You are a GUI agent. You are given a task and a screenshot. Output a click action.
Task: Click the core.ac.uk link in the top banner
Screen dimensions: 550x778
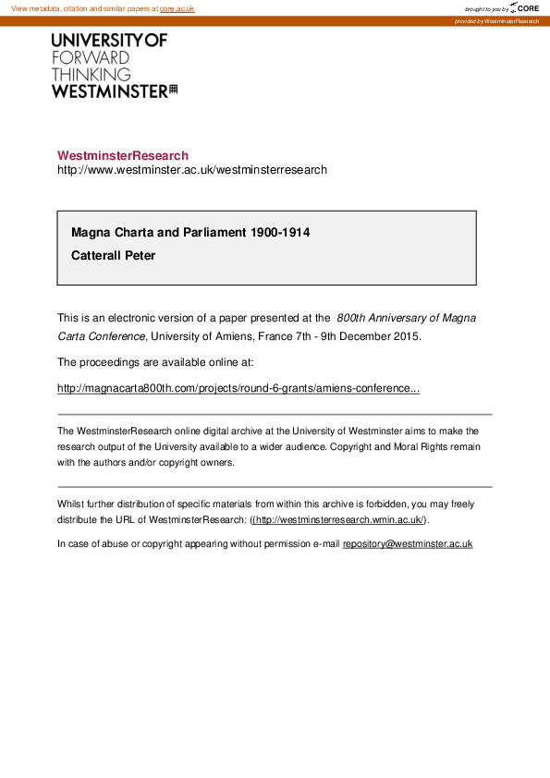click(x=177, y=8)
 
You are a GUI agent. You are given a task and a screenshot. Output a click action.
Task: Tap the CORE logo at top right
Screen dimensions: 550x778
click(x=523, y=8)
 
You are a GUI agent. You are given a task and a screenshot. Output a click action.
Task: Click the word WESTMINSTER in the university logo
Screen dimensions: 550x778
click(x=109, y=91)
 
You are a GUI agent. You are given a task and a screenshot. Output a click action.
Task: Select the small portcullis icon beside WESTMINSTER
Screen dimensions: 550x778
click(x=173, y=90)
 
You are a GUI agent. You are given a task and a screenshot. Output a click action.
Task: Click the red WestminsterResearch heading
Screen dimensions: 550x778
click(x=123, y=155)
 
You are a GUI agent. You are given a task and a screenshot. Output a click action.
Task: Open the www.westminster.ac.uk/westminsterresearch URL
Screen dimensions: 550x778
click(x=192, y=170)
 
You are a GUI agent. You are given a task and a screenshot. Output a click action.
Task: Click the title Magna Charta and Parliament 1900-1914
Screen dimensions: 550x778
click(x=190, y=232)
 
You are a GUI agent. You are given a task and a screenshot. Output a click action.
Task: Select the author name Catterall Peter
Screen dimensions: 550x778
click(x=114, y=255)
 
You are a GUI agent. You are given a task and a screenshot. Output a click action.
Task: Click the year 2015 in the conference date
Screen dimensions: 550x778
click(x=405, y=336)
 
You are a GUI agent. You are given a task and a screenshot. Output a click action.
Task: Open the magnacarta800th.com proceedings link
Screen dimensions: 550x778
click(x=238, y=388)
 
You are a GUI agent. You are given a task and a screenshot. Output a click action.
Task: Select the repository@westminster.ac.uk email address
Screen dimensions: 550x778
click(x=408, y=544)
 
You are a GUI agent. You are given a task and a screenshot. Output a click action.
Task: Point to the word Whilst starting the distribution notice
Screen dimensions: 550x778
click(x=70, y=504)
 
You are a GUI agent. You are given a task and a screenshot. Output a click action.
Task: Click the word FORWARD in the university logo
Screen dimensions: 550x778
click(x=91, y=57)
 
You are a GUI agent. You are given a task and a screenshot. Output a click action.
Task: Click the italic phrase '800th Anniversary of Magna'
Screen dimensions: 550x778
click(x=407, y=318)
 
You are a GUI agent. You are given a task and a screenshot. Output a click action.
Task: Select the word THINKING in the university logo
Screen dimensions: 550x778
click(x=92, y=74)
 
